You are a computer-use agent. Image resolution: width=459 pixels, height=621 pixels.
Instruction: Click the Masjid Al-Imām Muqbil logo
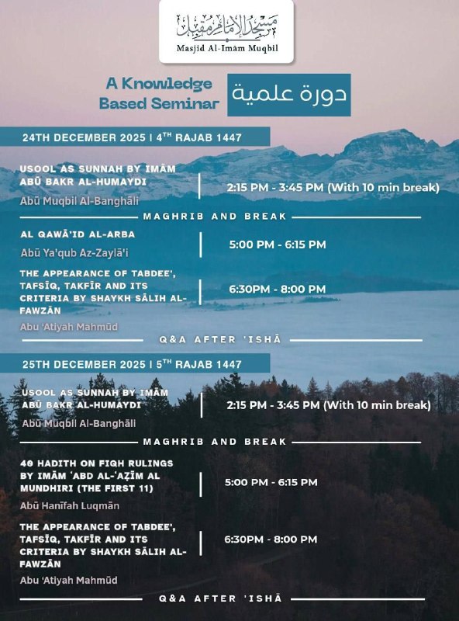[226, 31]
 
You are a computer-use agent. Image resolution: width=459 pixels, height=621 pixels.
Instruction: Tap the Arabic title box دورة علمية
[288, 95]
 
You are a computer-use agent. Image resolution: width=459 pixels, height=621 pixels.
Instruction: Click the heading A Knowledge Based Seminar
[158, 93]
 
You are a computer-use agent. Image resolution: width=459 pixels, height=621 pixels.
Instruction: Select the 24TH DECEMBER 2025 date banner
[132, 137]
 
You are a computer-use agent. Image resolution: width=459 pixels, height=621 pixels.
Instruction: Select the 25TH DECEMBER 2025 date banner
[132, 364]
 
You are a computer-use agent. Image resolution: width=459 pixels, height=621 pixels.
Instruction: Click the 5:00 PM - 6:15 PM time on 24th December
[277, 245]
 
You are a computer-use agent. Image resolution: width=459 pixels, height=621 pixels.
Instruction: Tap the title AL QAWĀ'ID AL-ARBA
[78, 234]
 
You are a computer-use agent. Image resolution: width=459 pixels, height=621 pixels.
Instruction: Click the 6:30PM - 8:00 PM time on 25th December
[271, 539]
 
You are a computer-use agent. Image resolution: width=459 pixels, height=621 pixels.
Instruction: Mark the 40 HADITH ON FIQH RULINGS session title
[96, 475]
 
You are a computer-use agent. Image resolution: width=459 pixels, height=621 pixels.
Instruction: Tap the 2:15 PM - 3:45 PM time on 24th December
[333, 187]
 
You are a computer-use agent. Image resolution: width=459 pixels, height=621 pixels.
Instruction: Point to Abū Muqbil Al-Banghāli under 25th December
[78, 423]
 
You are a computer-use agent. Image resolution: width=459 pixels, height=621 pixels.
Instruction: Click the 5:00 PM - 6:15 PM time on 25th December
[271, 482]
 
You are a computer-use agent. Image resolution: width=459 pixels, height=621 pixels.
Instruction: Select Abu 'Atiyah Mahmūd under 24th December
[69, 327]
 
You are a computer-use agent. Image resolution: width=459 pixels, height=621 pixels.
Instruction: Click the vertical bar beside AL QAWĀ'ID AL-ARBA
[200, 245]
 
